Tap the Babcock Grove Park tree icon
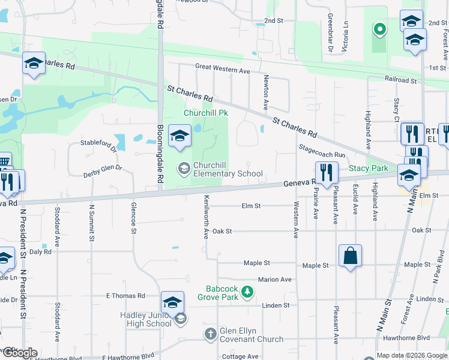pyautogui.click(x=247, y=292)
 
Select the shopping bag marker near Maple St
pyautogui.click(x=351, y=256)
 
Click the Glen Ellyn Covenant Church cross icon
pyautogui.click(x=210, y=334)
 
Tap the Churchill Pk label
pyautogui.click(x=206, y=113)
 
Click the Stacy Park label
pyautogui.click(x=369, y=169)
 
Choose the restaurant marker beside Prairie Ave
pyautogui.click(x=327, y=172)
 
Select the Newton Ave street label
pyautogui.click(x=265, y=92)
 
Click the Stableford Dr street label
pyautogui.click(x=98, y=143)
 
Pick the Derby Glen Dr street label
pyautogui.click(x=102, y=171)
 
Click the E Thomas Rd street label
pyautogui.click(x=125, y=296)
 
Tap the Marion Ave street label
pyautogui.click(x=274, y=280)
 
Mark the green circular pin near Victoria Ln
pyautogui.click(x=379, y=28)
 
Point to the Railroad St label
pyautogui.click(x=401, y=80)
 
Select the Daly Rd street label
pyautogui.click(x=40, y=252)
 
